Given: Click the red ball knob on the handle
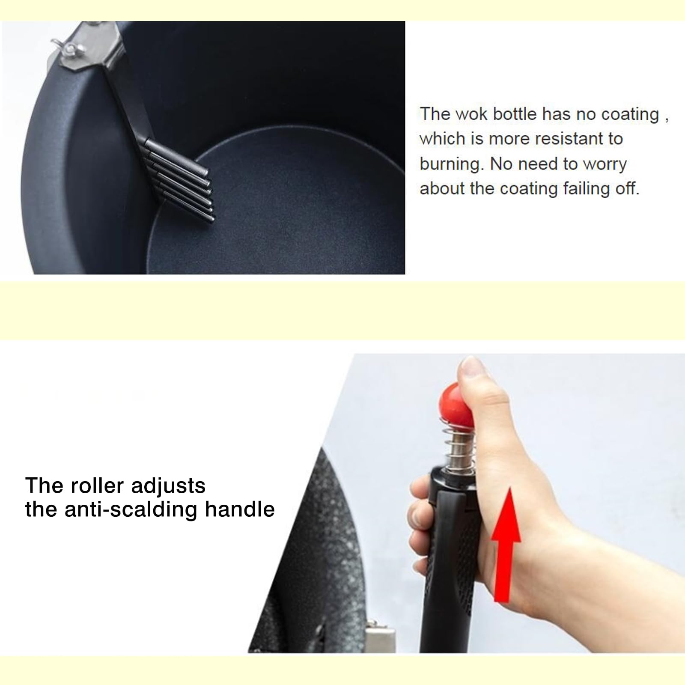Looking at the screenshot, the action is click(x=456, y=405).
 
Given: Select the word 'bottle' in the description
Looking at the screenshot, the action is click(x=515, y=114).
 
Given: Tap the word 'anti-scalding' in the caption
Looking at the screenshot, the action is click(x=131, y=510).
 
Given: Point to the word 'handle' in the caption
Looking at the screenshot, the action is click(x=239, y=509).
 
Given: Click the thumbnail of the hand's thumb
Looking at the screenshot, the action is click(x=473, y=367).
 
